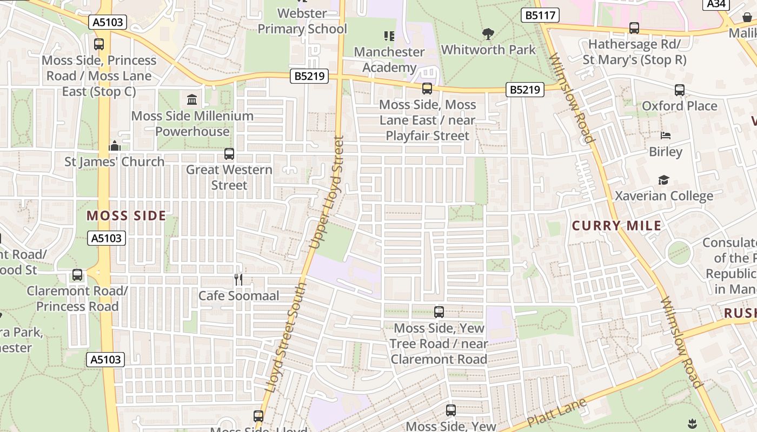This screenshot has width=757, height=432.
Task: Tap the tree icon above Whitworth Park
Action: (488, 35)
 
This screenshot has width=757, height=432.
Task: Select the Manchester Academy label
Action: (389, 59)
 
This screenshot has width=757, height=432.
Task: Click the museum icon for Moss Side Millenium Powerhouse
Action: (192, 100)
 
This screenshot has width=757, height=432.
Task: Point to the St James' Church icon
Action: (115, 146)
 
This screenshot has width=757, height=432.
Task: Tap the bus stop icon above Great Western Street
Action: (229, 154)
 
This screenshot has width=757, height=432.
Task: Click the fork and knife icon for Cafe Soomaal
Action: (238, 279)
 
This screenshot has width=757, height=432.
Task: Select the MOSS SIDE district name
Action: (127, 216)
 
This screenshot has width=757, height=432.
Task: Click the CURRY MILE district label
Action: (617, 226)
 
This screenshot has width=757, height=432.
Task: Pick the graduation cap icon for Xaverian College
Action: (663, 180)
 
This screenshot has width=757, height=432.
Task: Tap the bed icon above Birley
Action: (666, 136)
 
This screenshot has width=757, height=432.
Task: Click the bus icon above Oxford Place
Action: (680, 90)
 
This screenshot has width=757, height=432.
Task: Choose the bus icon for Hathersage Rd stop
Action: (634, 28)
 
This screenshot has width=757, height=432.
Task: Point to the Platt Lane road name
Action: (556, 413)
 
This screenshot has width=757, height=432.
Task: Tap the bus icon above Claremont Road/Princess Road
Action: (77, 275)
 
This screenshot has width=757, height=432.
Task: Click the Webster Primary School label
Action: (302, 21)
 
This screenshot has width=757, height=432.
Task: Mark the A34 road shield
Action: (716, 4)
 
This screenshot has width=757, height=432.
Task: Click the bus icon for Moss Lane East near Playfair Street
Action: (427, 89)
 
